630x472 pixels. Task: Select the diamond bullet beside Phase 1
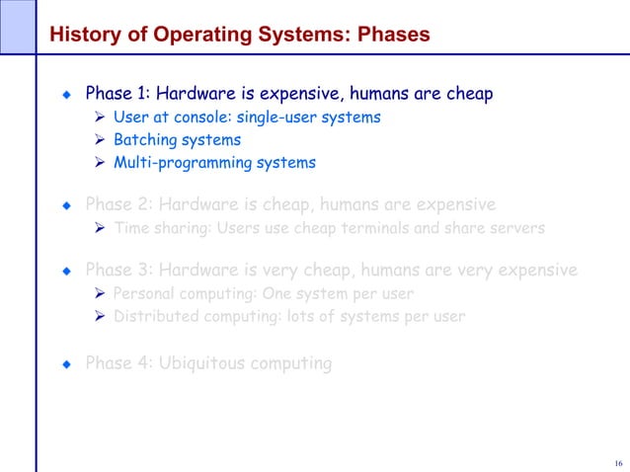[x=66, y=96]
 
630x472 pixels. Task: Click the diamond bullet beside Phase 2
[x=66, y=206]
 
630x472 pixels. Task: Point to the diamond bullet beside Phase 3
[x=66, y=270]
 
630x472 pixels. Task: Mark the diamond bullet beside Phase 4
[x=66, y=364]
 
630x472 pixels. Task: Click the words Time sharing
[x=157, y=229]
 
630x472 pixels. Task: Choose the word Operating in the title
[x=194, y=35]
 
